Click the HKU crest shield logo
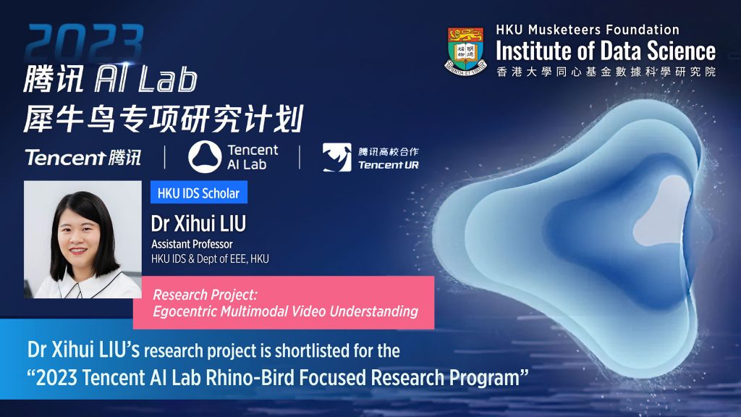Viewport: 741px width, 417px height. pos(466,49)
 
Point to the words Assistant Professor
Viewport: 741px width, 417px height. pos(192,245)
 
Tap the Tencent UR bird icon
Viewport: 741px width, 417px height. pos(336,157)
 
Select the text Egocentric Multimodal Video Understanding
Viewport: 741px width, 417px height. pos(286,311)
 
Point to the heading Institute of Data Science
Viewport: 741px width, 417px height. pos(605,51)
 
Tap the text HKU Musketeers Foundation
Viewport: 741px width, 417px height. pos(587,30)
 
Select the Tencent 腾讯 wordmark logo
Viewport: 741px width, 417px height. pos(82,157)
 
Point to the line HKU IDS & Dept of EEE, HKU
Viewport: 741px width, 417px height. pos(210,259)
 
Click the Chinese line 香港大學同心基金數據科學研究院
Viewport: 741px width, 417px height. pos(606,72)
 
